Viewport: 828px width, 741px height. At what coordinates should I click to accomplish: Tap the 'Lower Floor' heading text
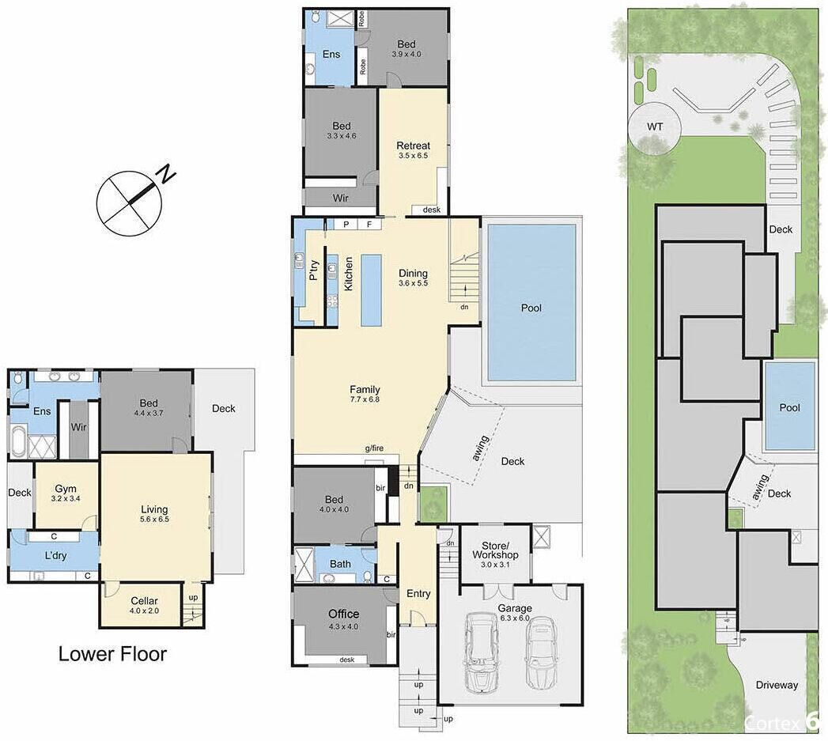tap(112, 654)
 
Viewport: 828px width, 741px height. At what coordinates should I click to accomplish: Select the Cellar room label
tap(144, 600)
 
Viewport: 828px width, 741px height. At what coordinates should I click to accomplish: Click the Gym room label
tap(66, 489)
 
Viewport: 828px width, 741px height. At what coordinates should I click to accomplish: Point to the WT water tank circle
tap(655, 127)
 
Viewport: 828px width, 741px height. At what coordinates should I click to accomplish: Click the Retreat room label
tap(413, 146)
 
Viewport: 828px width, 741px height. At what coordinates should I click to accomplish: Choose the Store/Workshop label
tap(495, 550)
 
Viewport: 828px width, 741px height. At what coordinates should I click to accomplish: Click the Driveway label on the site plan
tap(777, 685)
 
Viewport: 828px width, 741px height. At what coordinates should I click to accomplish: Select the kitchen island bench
tap(371, 290)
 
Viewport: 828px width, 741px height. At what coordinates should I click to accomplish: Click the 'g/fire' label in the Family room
tap(374, 448)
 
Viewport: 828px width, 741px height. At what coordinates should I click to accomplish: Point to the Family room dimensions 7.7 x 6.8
tap(365, 399)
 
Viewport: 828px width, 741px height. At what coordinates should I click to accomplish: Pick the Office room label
tap(344, 614)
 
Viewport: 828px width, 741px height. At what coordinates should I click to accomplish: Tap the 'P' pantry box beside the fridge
tap(346, 224)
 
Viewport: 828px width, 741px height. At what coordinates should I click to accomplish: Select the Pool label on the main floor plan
tap(531, 308)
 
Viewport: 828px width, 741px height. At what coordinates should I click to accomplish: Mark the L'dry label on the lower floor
tap(55, 556)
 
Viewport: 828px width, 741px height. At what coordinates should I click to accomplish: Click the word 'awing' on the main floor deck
tap(481, 448)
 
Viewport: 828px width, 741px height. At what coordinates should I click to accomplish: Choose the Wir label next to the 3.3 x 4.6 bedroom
tap(341, 198)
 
